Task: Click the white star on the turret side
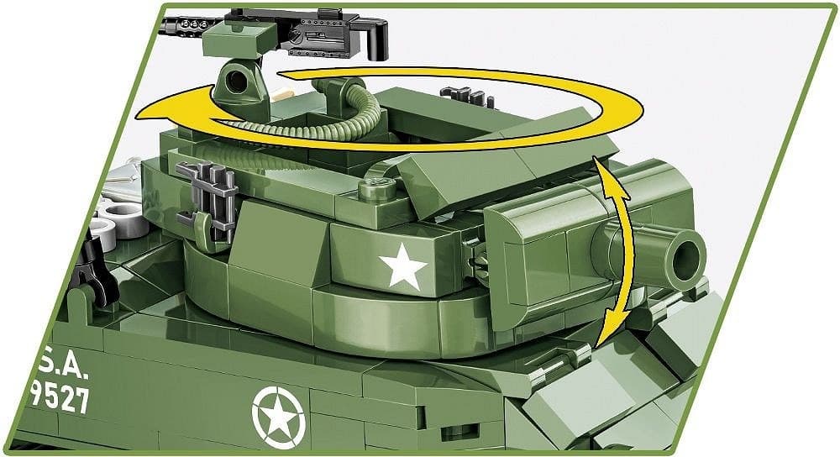tap(403, 268)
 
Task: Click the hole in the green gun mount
tap(243, 82)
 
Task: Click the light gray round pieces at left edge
tap(110, 228)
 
